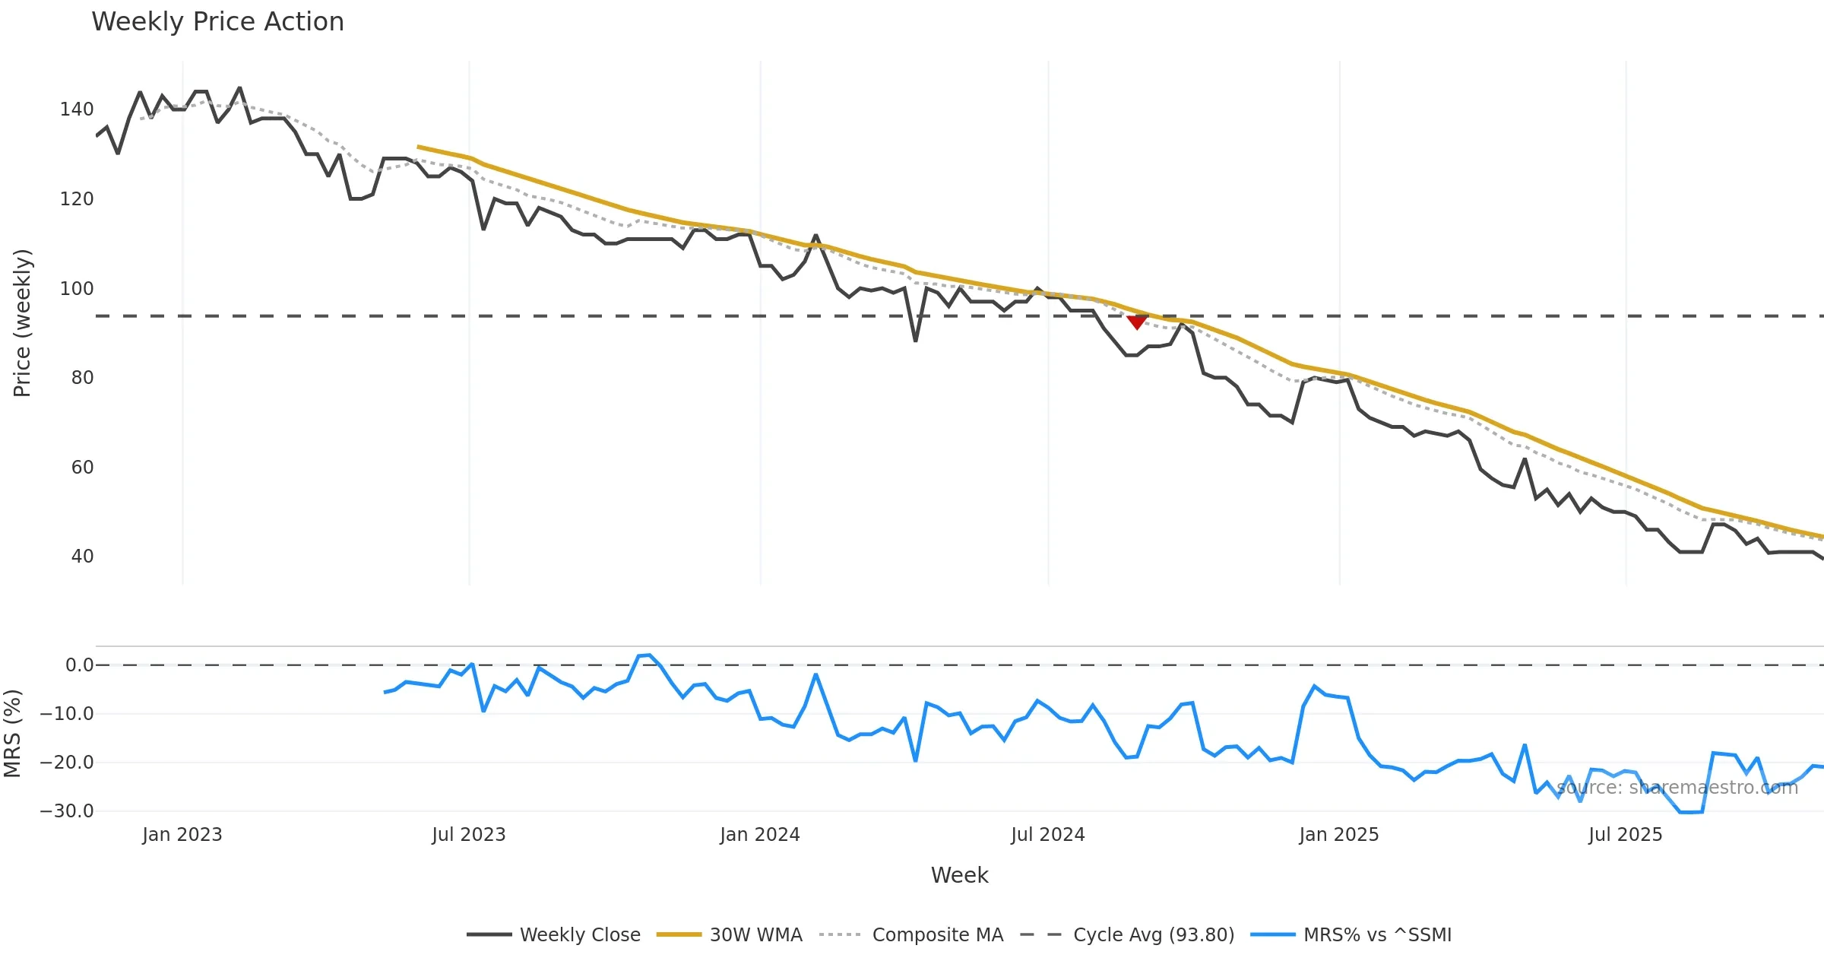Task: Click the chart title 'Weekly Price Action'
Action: [x=217, y=22]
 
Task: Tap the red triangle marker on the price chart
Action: [x=1137, y=322]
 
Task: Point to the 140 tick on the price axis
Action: [x=77, y=109]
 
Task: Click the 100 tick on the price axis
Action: [x=77, y=289]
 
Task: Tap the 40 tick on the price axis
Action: [x=82, y=557]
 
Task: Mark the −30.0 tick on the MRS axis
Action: [x=67, y=811]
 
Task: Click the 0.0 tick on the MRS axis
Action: [x=79, y=665]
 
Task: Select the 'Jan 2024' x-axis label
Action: [x=760, y=835]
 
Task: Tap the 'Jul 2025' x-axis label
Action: [x=1625, y=835]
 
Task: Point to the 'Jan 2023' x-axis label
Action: [x=182, y=835]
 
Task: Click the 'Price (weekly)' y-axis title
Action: [x=22, y=323]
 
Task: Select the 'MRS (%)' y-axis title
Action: [x=12, y=733]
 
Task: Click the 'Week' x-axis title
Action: [x=959, y=875]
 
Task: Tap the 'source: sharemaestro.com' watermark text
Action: [x=1677, y=788]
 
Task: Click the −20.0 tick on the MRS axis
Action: [x=67, y=763]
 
